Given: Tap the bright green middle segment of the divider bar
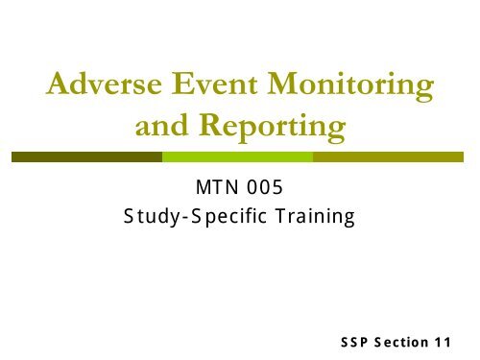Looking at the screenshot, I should (237, 155).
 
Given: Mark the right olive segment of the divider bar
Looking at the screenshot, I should (390, 155).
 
